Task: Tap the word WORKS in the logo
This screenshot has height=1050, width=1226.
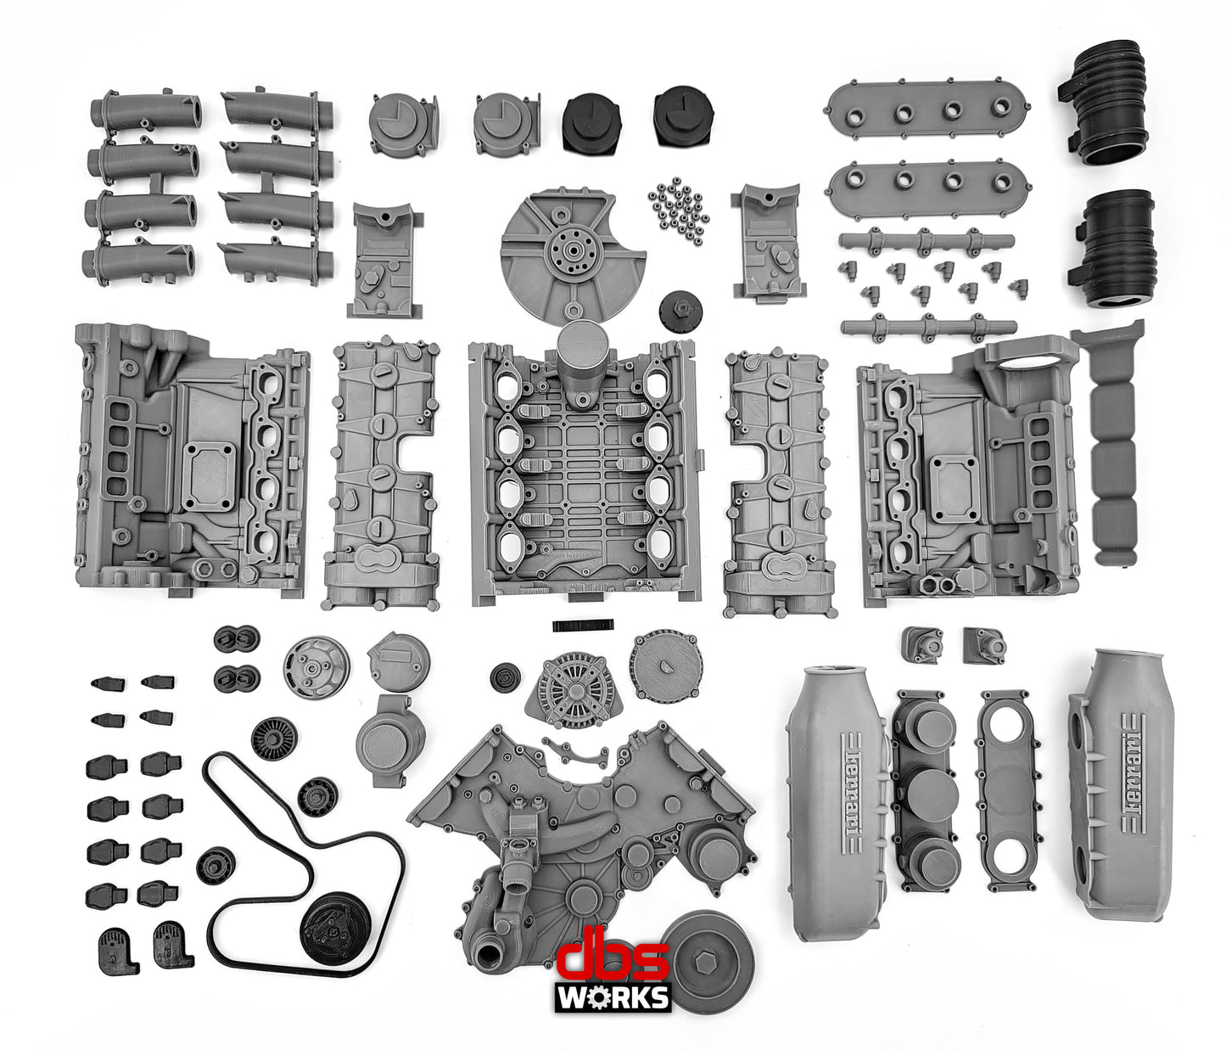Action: tap(613, 997)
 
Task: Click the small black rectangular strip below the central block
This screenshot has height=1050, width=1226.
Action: tap(581, 626)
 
